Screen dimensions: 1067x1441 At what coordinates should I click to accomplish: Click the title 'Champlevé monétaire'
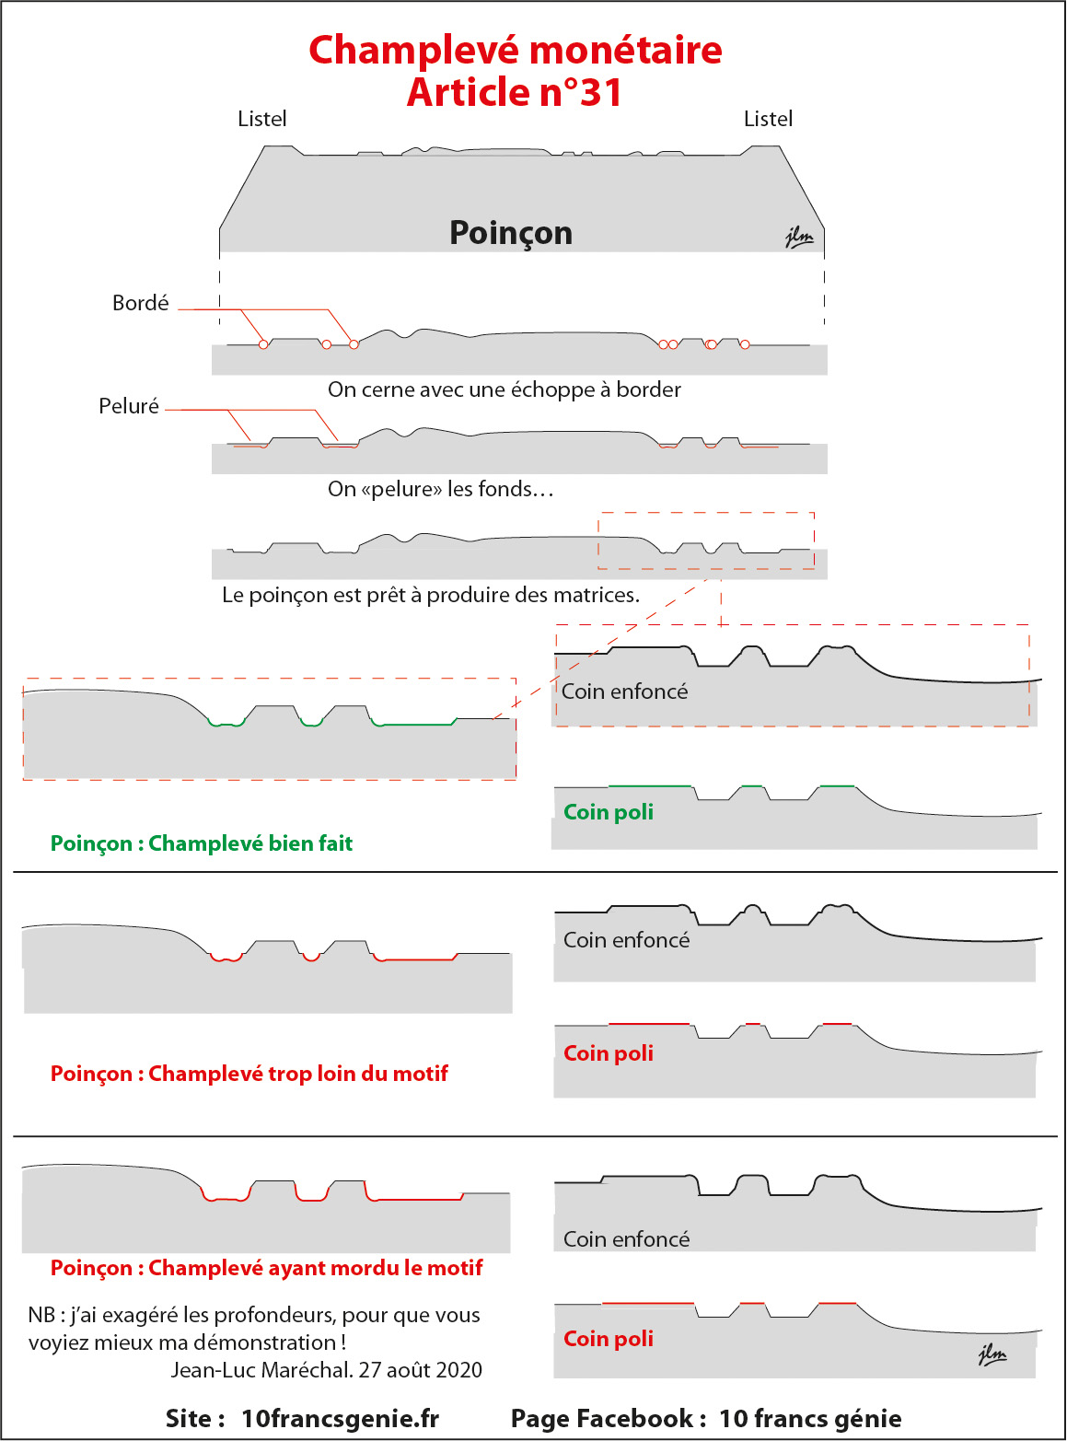[x=516, y=50]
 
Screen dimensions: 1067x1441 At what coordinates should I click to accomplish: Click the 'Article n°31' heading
[x=515, y=91]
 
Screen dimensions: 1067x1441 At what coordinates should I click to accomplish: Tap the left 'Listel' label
[x=261, y=119]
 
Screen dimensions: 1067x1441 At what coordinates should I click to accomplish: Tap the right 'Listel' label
[x=768, y=119]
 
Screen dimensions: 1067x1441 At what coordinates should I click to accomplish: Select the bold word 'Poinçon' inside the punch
[x=511, y=233]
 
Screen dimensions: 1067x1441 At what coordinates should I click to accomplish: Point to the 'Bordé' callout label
[x=140, y=303]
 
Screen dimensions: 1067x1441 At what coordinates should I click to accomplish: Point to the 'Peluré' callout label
[x=129, y=406]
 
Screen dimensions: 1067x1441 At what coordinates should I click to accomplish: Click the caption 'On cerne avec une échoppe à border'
[x=505, y=389]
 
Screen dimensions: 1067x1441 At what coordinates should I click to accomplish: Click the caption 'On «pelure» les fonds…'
[x=441, y=489]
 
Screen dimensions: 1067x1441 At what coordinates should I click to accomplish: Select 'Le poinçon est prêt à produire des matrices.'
[x=431, y=595]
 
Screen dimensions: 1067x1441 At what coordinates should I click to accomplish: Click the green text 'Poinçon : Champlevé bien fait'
[x=202, y=843]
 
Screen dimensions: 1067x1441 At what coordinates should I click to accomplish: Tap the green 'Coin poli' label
[x=609, y=812]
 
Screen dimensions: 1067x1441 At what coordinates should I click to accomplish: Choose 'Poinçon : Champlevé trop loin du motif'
[x=249, y=1074]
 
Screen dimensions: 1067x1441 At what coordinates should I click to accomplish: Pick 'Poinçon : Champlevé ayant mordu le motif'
[x=266, y=1268]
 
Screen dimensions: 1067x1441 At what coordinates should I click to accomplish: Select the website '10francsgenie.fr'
[x=340, y=1419]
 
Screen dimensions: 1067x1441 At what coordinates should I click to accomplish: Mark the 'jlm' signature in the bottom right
[x=992, y=1354]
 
